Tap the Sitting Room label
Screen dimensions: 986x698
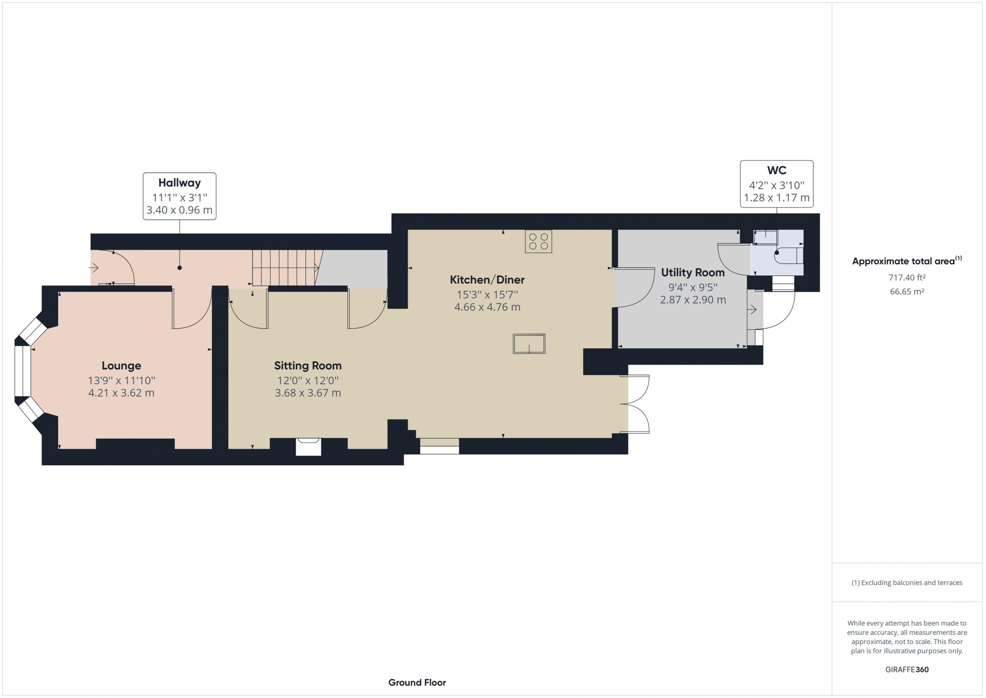pos(308,366)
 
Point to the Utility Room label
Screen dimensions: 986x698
pos(693,272)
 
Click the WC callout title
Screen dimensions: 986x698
pos(776,170)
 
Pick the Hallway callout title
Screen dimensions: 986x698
pos(179,183)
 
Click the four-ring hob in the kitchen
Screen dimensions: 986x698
pos(538,241)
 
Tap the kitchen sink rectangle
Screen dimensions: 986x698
pos(529,344)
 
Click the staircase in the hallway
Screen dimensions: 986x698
pos(287,268)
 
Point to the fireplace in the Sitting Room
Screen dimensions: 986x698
pos(309,447)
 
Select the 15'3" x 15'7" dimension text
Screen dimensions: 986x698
pos(488,295)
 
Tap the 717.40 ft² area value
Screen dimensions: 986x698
pos(907,278)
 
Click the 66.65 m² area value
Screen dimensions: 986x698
pos(907,291)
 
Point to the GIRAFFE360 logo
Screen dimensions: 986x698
pos(907,669)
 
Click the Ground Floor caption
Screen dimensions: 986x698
pos(417,683)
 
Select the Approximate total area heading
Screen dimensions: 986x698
pos(907,261)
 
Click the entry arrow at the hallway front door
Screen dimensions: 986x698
pos(94,268)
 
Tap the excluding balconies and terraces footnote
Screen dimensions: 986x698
pos(907,583)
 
